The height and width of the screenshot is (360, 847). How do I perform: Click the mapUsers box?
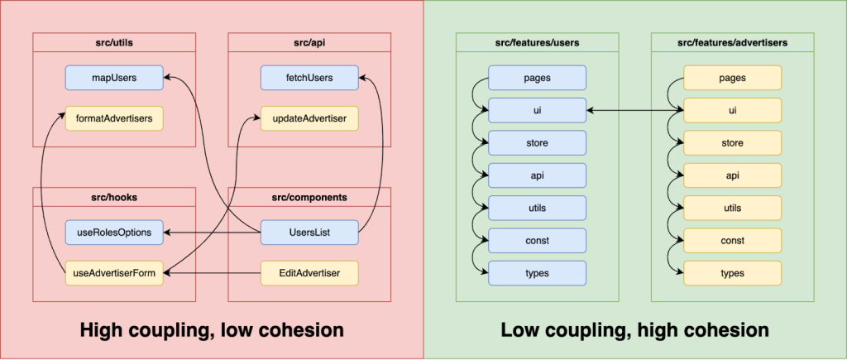tap(114, 79)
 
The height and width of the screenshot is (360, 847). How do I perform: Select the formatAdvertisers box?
tap(114, 118)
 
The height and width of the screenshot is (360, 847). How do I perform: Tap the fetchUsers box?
tap(309, 79)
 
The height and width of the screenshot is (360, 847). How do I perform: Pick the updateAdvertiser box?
tap(309, 118)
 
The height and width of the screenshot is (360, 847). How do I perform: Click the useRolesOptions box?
tap(114, 233)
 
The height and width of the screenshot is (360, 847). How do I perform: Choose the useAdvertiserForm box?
tap(114, 271)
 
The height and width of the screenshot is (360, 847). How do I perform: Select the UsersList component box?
tap(309, 233)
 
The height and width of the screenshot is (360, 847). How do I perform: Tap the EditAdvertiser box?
tap(309, 271)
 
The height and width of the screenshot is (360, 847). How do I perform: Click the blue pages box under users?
tap(537, 78)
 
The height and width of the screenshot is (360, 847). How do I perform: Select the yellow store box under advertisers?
tap(732, 142)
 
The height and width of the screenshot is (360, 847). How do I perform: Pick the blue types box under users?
tap(537, 272)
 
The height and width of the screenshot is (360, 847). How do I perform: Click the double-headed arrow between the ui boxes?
tap(634, 110)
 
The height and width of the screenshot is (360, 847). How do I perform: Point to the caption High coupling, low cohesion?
tap(211, 330)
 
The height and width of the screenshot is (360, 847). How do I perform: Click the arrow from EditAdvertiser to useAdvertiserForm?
tap(212, 271)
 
